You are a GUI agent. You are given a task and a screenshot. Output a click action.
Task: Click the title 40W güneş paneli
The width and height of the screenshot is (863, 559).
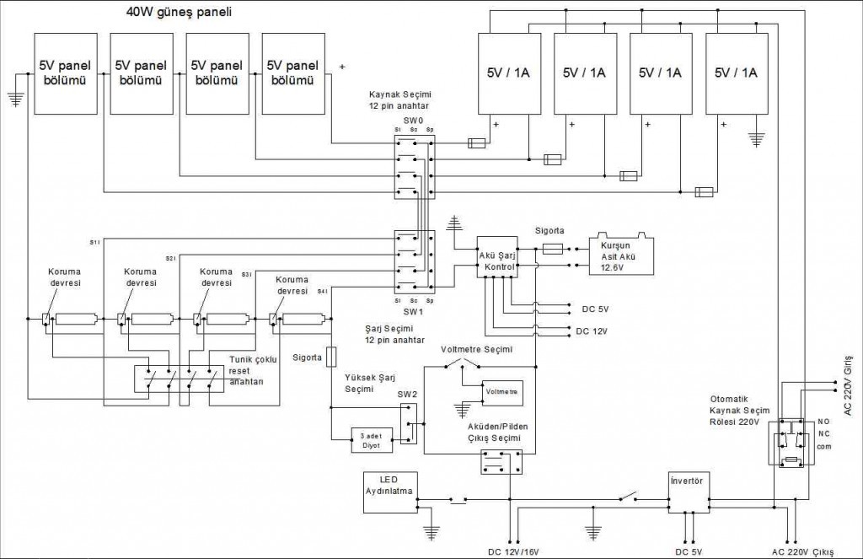tap(179, 13)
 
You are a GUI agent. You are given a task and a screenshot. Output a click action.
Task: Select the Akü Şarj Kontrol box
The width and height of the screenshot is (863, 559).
tap(496, 256)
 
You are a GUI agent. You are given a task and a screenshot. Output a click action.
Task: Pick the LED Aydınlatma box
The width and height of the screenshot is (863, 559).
tap(389, 492)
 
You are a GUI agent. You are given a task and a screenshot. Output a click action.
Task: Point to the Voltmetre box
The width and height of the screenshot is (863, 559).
tap(502, 393)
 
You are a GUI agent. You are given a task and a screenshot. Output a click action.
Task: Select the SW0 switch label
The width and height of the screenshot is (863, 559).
tap(412, 121)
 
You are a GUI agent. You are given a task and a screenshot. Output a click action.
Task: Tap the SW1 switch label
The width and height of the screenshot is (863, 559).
tap(412, 309)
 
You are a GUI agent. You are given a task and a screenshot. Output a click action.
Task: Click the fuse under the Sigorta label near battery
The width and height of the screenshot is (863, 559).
tap(554, 249)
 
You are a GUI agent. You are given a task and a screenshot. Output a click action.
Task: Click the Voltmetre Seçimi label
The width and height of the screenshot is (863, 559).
tap(476, 349)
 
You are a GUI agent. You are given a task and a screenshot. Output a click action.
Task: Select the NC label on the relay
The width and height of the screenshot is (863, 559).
tap(823, 433)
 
